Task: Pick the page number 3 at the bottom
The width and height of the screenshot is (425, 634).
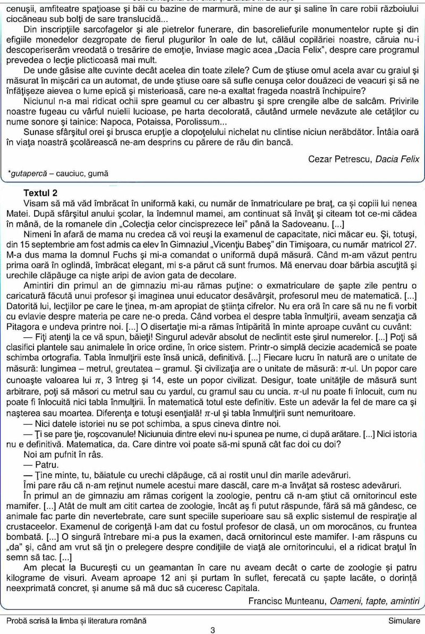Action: pos(212,630)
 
